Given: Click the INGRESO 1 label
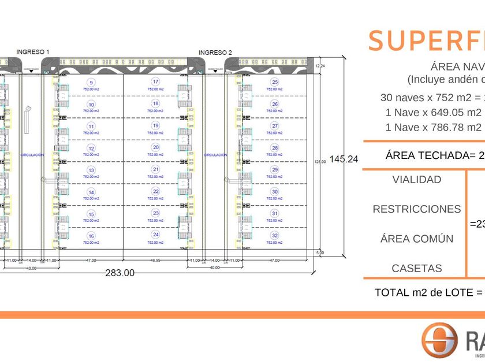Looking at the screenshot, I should (33, 52).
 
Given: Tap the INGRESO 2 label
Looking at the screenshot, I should (215, 53).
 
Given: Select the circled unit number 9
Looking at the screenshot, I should (91, 82).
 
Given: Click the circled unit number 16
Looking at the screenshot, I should (91, 236).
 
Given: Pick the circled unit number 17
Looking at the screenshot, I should (155, 81).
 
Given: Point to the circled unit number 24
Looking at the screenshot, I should (155, 235).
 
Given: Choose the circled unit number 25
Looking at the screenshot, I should (275, 82).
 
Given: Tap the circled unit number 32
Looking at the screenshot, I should (275, 236).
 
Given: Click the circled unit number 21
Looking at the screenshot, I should (155, 169).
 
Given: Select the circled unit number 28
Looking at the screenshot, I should (275, 148).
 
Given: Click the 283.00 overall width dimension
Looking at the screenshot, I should (121, 273).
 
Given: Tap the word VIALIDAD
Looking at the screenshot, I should (416, 180).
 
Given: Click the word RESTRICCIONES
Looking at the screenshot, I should (417, 209).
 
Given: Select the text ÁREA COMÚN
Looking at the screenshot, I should (417, 239).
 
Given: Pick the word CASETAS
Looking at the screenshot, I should (417, 268).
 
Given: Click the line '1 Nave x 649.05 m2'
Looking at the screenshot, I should (433, 112).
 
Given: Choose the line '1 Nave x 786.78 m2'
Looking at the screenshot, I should (433, 127).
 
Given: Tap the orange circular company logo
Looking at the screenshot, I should (439, 341).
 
